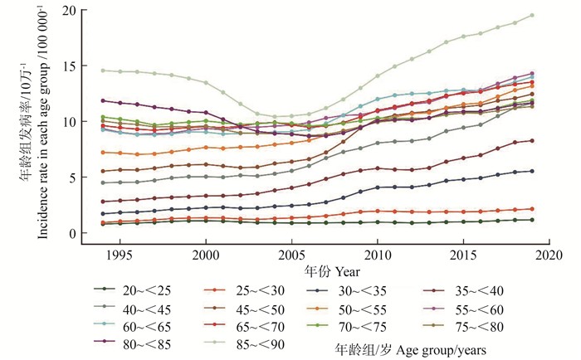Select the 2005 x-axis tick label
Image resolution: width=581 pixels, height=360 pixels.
(291, 253)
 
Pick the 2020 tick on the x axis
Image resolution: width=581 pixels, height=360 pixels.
(549, 253)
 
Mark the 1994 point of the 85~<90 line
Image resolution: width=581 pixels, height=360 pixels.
(102, 71)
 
